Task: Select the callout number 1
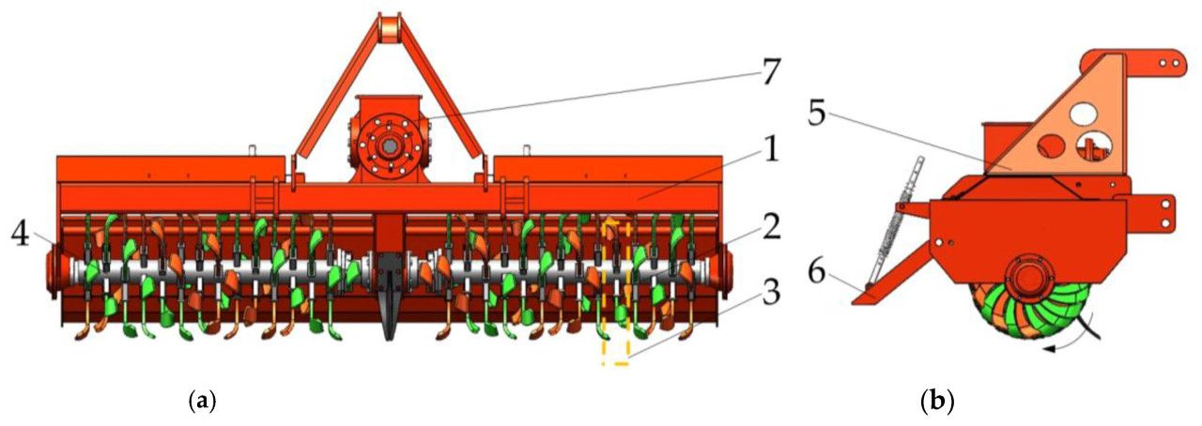pyautogui.click(x=771, y=150)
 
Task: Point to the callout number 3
pyautogui.click(x=771, y=294)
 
